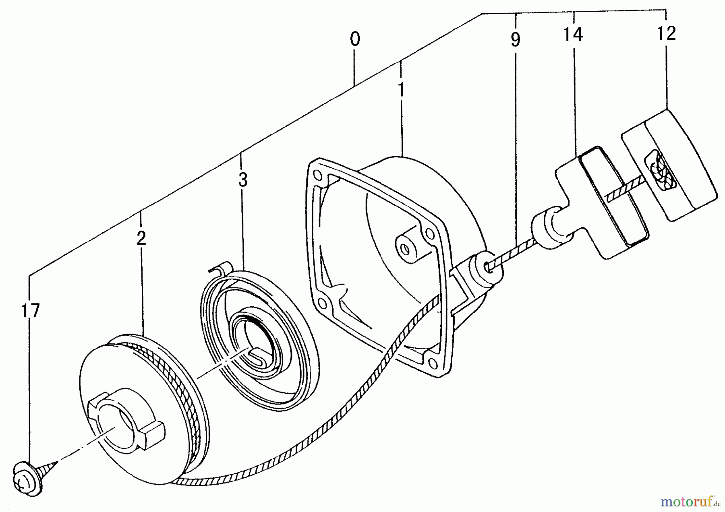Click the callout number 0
(354, 39)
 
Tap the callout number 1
(401, 89)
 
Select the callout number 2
(141, 238)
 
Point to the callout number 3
(242, 180)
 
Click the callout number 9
(515, 39)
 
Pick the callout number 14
(572, 35)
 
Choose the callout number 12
(666, 33)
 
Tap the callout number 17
(31, 311)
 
